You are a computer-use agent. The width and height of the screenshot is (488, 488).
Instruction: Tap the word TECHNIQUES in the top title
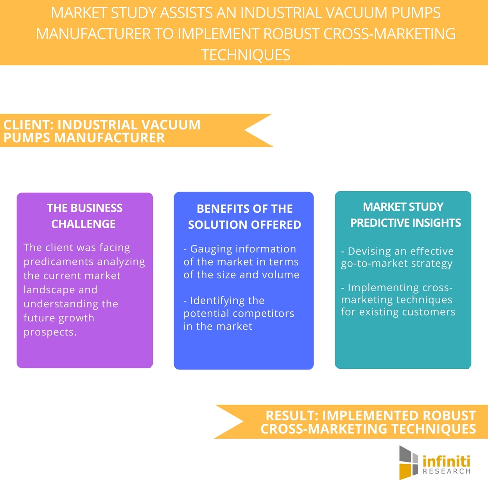pyautogui.click(x=246, y=55)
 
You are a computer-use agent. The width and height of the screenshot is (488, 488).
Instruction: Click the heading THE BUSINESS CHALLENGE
pyautogui.click(x=84, y=216)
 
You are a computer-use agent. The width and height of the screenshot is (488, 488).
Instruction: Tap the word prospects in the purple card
pyautogui.click(x=49, y=332)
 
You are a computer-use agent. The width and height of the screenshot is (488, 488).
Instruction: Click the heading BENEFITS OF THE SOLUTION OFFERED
pyautogui.click(x=244, y=217)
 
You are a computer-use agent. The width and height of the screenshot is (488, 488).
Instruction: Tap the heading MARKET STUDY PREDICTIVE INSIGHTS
pyautogui.click(x=405, y=215)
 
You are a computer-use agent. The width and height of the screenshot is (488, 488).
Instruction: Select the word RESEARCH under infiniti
pyautogui.click(x=447, y=472)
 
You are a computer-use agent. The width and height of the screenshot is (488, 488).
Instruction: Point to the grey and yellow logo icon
pyautogui.click(x=409, y=462)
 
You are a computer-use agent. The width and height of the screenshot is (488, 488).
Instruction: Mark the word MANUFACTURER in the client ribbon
pyautogui.click(x=109, y=138)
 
